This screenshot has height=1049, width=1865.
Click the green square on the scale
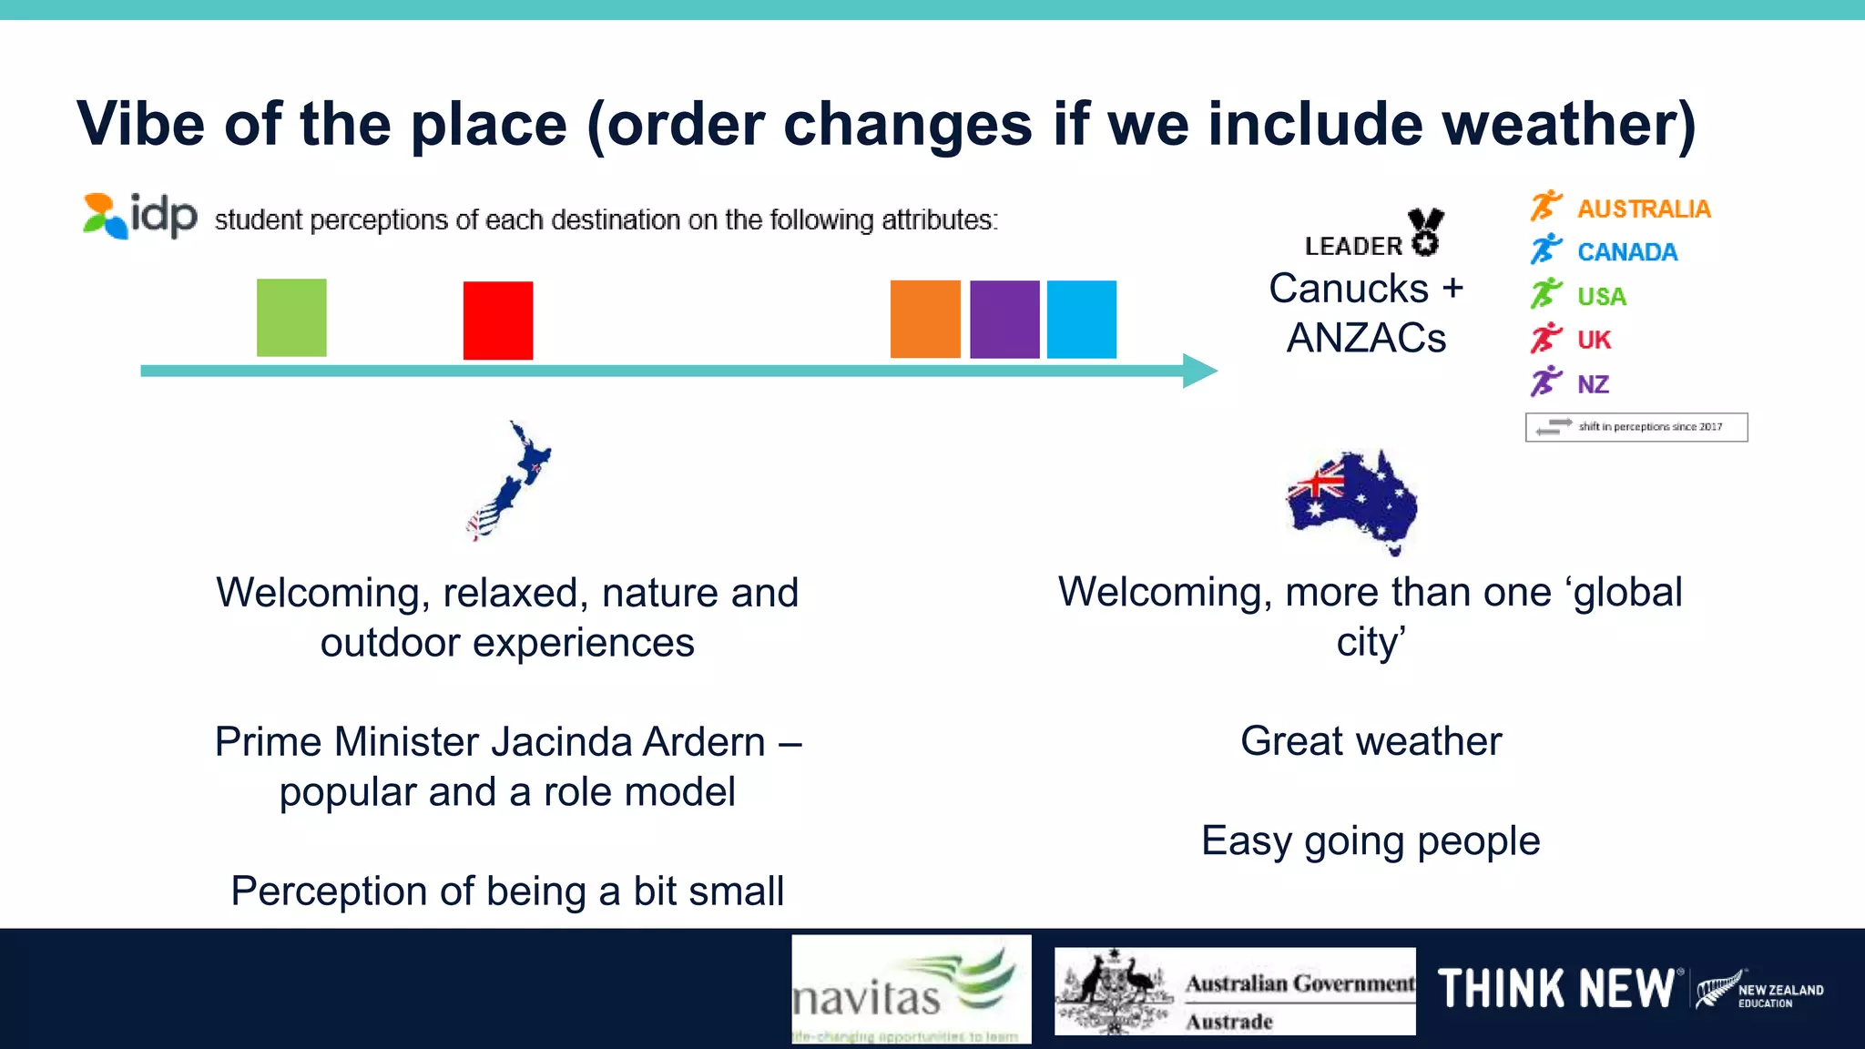click(x=291, y=318)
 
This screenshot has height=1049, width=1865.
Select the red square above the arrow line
click(x=498, y=321)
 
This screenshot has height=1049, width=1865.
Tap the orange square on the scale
click(x=925, y=319)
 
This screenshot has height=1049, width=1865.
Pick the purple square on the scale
click(x=1004, y=319)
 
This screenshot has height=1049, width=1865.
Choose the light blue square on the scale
click(x=1082, y=319)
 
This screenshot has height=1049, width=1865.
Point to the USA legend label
click(x=1601, y=296)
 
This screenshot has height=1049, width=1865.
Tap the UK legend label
click(x=1594, y=340)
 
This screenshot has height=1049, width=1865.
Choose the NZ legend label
click(x=1593, y=384)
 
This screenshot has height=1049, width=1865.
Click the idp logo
click(x=140, y=216)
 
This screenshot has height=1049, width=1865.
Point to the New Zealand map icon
click(x=509, y=481)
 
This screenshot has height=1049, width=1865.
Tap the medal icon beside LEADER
click(x=1425, y=232)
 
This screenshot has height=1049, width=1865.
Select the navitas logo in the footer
click(x=911, y=989)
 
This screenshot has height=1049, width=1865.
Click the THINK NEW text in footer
click(x=1555, y=989)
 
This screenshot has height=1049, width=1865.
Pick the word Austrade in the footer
click(x=1228, y=1022)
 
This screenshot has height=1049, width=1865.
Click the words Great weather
click(x=1371, y=741)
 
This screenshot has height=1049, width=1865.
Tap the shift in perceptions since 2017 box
click(x=1636, y=427)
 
